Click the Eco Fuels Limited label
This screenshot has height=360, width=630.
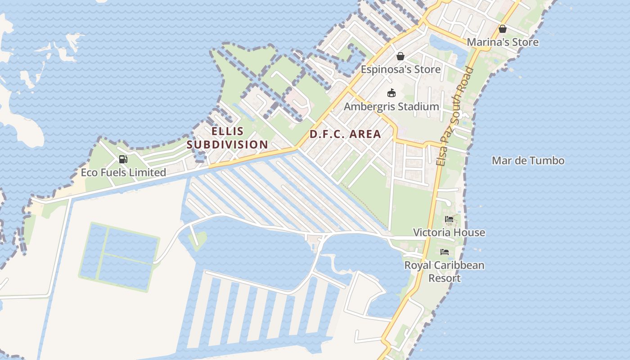pyautogui.click(x=123, y=172)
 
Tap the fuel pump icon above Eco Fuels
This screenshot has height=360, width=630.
pyautogui.click(x=123, y=159)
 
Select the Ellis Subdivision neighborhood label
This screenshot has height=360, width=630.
pyautogui.click(x=227, y=138)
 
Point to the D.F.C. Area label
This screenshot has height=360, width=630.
pyautogui.click(x=345, y=134)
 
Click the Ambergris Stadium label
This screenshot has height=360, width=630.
pyautogui.click(x=391, y=107)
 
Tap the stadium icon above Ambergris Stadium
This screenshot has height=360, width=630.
pyautogui.click(x=391, y=93)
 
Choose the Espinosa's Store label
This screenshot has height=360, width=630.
pyautogui.click(x=400, y=69)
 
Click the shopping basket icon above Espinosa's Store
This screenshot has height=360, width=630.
pyautogui.click(x=400, y=56)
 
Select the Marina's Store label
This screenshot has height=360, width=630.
pyautogui.click(x=502, y=42)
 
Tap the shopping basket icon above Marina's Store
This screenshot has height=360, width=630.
pyautogui.click(x=502, y=29)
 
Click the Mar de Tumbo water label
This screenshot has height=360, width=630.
pyautogui.click(x=528, y=161)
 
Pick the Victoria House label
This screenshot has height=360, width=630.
pyautogui.click(x=449, y=233)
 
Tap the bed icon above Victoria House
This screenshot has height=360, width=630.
pyautogui.click(x=449, y=220)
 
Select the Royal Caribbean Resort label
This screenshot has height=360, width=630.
pyautogui.click(x=444, y=271)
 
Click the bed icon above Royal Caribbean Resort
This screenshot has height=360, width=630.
pyautogui.click(x=445, y=252)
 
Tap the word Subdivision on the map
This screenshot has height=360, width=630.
pyautogui.click(x=227, y=144)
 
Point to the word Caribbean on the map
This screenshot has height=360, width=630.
pyautogui.click(x=456, y=265)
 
